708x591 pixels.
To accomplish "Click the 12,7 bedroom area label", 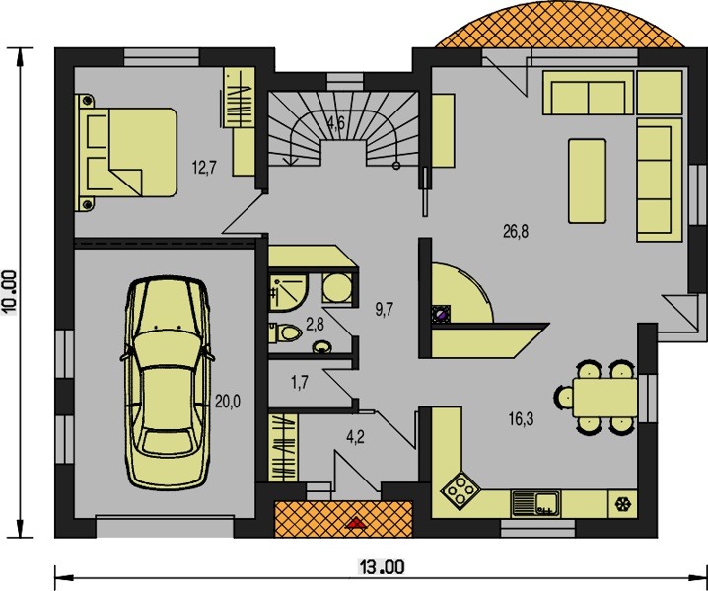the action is click(204, 168).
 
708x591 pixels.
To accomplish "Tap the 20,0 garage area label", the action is click(228, 401).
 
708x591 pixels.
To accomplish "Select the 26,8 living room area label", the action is click(516, 232).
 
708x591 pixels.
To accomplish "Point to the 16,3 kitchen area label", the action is click(521, 419).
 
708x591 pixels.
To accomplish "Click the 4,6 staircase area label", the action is click(336, 122).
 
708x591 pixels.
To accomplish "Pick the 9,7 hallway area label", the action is click(385, 310).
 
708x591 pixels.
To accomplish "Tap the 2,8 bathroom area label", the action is click(315, 324).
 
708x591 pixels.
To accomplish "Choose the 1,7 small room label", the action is click(300, 383).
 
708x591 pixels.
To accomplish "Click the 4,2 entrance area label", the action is click(355, 437).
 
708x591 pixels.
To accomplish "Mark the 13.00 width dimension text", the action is click(382, 567).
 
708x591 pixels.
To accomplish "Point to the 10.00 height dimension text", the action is click(9, 292).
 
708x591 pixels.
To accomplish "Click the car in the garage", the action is click(167, 382).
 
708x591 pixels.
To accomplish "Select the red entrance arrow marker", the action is click(357, 523).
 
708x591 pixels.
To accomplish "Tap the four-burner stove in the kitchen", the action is click(460, 489).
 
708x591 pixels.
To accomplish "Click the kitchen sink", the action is click(535, 503).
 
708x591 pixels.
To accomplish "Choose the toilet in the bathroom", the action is click(285, 333).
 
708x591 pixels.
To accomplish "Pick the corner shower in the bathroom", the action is click(289, 293).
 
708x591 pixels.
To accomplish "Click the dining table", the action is click(605, 398).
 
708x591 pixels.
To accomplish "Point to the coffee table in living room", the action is click(587, 181).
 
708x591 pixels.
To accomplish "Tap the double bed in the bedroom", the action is click(125, 152).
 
